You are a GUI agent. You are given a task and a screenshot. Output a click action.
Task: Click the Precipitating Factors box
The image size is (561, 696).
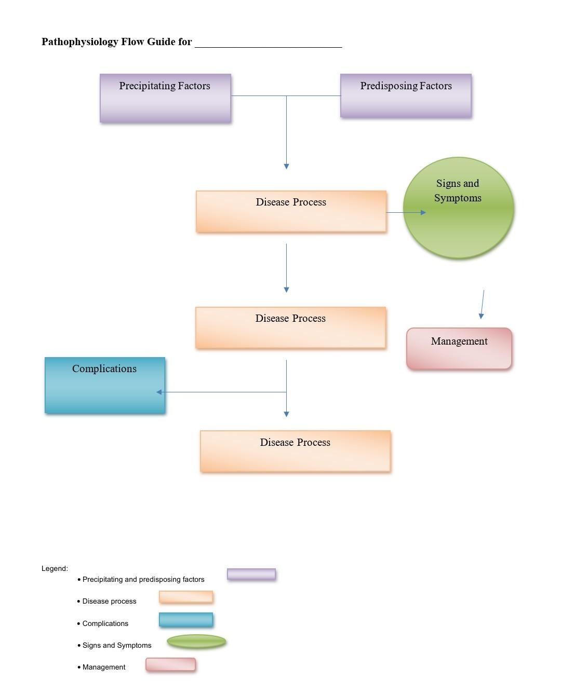click(165, 98)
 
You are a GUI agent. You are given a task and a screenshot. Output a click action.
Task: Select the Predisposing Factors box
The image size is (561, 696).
click(406, 96)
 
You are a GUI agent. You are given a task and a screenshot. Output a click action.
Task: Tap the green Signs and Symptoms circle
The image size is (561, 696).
click(458, 208)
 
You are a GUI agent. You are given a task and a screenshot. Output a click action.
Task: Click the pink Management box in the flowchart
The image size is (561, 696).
click(459, 349)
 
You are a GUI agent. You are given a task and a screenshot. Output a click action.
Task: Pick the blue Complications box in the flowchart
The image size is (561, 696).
click(105, 385)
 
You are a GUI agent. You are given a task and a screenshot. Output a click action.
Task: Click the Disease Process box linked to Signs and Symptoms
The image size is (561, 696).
click(291, 211)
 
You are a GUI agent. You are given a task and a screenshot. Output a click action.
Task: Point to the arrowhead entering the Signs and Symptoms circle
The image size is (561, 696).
click(423, 212)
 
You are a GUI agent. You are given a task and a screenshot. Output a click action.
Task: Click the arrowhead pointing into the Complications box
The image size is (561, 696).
click(159, 392)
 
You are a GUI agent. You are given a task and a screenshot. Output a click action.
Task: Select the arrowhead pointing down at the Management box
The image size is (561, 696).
click(481, 316)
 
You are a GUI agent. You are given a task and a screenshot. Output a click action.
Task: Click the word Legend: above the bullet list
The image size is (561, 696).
click(55, 568)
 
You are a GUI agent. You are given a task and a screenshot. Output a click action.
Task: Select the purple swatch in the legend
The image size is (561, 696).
click(251, 574)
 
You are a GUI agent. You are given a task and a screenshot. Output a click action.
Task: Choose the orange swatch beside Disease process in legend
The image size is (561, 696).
click(186, 597)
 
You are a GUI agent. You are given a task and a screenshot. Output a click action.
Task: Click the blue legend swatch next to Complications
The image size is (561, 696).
click(186, 620)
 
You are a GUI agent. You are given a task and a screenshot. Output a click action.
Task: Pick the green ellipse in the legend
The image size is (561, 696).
click(196, 642)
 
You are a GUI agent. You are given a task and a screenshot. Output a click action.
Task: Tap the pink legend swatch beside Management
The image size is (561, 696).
click(170, 664)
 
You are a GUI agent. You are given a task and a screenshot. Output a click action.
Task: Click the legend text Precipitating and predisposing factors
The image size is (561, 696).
click(143, 579)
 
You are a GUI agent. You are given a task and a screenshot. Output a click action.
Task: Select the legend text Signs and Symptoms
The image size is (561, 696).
click(117, 645)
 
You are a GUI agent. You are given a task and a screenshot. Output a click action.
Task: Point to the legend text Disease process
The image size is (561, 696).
click(109, 601)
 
